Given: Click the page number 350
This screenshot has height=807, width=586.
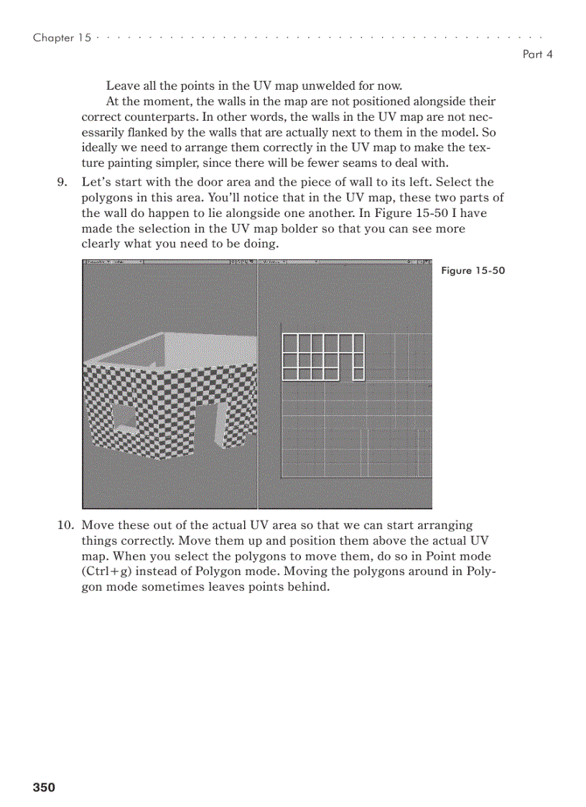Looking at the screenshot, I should tap(44, 788).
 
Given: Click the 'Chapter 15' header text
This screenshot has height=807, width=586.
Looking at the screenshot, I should tap(62, 38).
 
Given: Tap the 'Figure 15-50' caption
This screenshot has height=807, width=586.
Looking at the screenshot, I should tap(473, 271).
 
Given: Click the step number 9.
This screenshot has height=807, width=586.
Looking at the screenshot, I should tap(62, 183).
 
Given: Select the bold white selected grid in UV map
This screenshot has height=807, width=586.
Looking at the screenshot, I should tap(322, 356).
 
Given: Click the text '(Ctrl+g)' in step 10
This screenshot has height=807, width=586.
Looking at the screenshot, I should tap(108, 572).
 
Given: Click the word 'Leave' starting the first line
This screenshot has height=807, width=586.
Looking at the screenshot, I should tap(122, 86).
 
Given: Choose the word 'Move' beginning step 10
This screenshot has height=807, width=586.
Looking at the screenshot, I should tap(97, 525).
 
